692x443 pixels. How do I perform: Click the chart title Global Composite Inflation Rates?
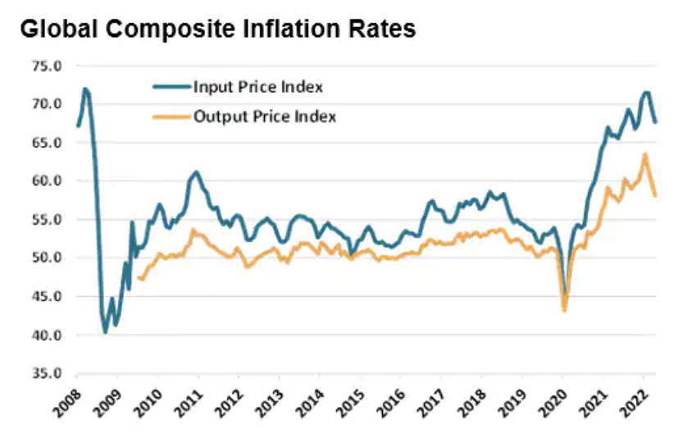point(218,30)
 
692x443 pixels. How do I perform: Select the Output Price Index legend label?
point(264,116)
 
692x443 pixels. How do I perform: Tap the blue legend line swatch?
point(171,87)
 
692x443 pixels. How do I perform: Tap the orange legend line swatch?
point(171,116)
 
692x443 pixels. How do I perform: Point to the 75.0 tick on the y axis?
point(47,65)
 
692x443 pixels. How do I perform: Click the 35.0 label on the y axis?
point(47,374)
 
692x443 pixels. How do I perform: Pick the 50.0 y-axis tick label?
point(47,258)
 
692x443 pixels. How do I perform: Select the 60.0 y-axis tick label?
point(47,181)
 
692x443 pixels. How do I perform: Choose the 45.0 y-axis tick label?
point(47,297)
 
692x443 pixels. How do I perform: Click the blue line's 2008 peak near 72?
point(85,89)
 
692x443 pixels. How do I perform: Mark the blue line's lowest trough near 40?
point(106,331)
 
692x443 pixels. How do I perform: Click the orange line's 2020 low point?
point(564,310)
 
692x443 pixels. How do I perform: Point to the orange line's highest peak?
point(645,154)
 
